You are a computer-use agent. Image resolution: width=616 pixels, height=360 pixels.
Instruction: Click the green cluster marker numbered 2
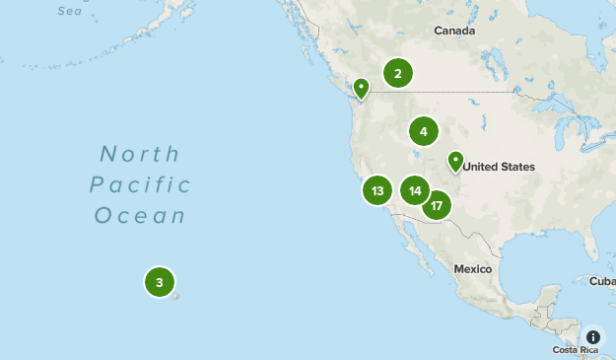(397, 73)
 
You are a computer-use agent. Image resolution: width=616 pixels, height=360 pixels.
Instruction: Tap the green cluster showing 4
(423, 131)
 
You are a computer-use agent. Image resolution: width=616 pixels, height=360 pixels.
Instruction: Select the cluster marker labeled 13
(377, 190)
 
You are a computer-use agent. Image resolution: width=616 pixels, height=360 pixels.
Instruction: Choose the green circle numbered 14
(415, 190)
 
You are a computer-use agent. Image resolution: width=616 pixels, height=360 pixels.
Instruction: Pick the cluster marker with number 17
(437, 205)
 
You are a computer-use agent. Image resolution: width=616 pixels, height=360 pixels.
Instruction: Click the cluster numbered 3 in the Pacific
(160, 283)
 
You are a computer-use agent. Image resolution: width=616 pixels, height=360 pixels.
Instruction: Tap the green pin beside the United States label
(455, 161)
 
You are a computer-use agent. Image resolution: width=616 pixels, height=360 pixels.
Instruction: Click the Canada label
(454, 32)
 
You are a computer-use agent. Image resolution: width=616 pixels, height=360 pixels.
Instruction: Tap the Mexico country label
(472, 269)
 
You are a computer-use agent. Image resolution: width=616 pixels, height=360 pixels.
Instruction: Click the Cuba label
(601, 281)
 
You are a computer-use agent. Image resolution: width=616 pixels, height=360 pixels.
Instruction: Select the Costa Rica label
(577, 350)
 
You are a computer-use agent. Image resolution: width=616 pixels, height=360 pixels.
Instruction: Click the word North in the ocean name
(140, 154)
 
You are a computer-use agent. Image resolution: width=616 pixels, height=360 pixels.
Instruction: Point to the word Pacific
(140, 185)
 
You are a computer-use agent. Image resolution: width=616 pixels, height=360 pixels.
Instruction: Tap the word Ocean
(140, 216)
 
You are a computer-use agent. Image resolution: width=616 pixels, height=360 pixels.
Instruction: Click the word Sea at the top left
(69, 11)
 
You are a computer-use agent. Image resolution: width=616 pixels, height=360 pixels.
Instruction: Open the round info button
(592, 336)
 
